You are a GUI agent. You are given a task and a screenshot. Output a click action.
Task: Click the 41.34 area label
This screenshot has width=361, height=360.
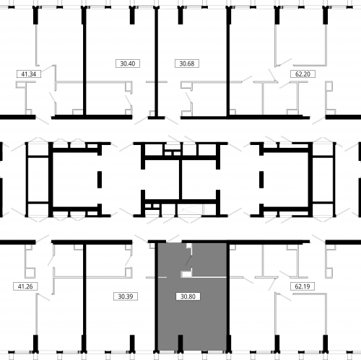(29, 74)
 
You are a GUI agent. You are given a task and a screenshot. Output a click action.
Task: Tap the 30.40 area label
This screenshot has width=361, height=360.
(128, 63)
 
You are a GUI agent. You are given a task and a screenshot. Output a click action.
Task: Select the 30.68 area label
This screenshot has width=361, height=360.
(187, 63)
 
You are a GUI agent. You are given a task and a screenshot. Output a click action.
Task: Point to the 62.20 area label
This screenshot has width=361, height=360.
(303, 74)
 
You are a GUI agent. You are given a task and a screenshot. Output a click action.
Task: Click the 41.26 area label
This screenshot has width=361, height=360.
(25, 286)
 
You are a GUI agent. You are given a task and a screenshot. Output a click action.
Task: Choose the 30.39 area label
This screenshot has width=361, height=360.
(126, 297)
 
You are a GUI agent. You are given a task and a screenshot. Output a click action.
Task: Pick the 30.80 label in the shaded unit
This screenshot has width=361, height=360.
(188, 297)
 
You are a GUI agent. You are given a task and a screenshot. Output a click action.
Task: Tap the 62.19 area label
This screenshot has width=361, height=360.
(303, 286)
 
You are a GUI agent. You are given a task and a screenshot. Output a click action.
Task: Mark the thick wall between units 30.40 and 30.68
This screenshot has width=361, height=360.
(156, 63)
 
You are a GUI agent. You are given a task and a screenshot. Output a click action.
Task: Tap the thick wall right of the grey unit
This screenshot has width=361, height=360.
(228, 297)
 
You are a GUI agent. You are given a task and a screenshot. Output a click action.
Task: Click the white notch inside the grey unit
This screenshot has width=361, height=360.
(187, 274)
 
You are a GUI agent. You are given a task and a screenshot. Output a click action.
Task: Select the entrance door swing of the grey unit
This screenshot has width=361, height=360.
(173, 239)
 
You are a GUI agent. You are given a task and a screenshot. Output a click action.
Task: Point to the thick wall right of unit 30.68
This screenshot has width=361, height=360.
(228, 63)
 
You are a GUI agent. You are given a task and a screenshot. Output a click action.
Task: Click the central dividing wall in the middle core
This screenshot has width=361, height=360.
(180, 180)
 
